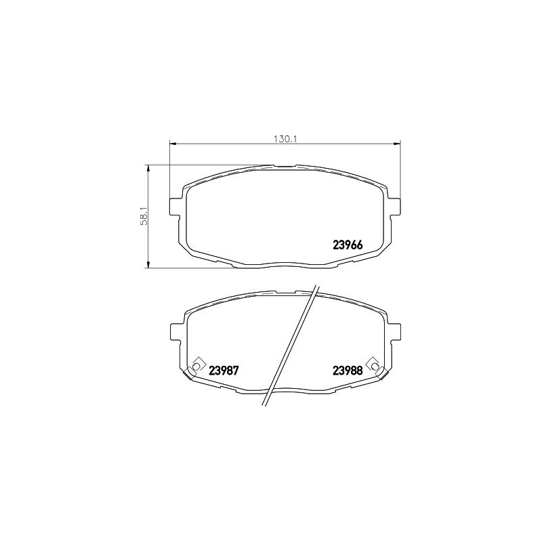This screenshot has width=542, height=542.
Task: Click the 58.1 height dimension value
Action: tap(144, 216)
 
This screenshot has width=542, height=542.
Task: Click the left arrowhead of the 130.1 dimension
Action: tap(171, 144)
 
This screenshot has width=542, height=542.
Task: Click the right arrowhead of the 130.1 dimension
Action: tap(398, 144)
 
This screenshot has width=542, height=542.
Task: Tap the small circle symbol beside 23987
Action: tap(196, 366)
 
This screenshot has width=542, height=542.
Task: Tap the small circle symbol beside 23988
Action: tap(371, 366)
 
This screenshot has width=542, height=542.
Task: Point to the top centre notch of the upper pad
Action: tap(285, 165)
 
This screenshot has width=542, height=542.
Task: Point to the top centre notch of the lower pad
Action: tap(285, 292)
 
